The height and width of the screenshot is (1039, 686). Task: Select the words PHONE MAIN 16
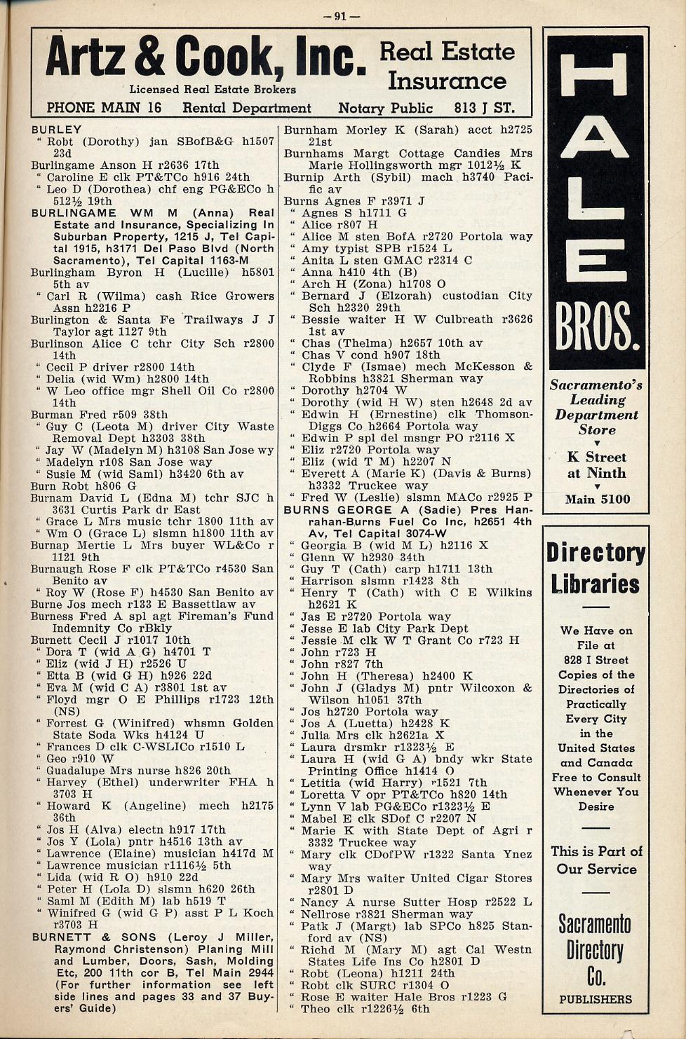coord(104,108)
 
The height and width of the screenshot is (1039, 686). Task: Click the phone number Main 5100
coord(597,500)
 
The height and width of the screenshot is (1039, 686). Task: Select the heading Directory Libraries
coord(596,568)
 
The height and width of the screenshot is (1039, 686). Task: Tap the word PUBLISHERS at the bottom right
coord(596,999)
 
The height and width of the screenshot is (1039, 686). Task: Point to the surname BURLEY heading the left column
coord(56,130)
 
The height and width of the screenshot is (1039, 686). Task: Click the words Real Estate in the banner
coord(447,51)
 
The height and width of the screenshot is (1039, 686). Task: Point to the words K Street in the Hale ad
coord(596,457)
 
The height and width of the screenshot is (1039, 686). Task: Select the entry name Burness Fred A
coord(81,617)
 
